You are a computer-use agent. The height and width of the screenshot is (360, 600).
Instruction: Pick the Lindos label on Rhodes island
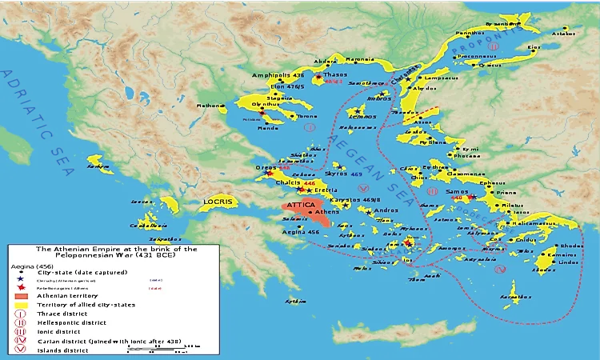pos(545,263)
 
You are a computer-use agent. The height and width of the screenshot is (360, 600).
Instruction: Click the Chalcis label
pos(287,182)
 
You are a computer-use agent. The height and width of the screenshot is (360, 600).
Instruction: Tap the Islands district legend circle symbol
pos(19,350)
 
